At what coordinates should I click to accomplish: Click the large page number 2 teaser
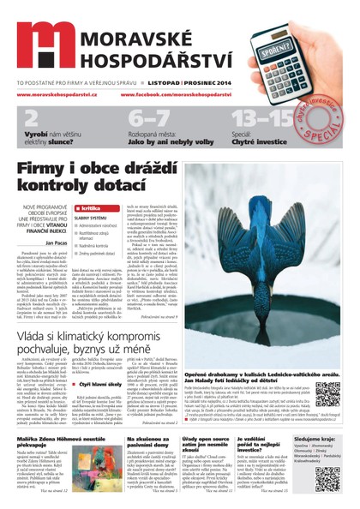(31, 117)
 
